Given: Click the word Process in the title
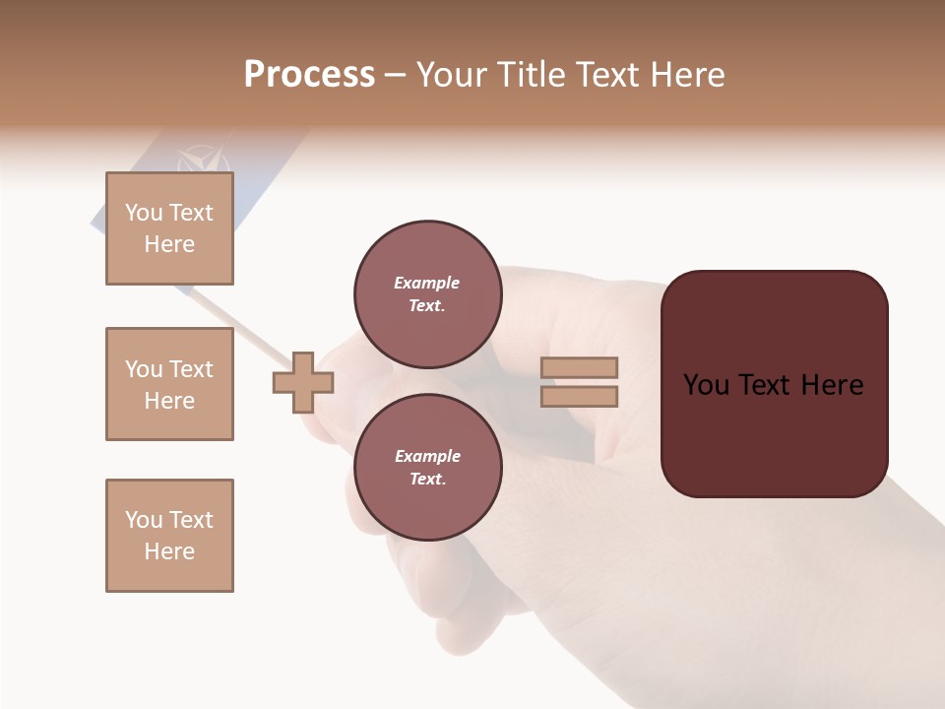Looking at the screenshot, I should pyautogui.click(x=309, y=75).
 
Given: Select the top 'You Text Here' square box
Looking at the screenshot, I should pyautogui.click(x=169, y=228).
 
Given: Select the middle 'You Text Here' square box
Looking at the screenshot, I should pyautogui.click(x=169, y=384).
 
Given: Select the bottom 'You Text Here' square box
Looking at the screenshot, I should pyautogui.click(x=169, y=536).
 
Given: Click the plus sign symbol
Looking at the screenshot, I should pyautogui.click(x=303, y=382).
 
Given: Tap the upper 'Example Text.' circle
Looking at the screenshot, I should pyautogui.click(x=428, y=294).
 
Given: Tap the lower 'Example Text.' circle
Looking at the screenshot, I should pyautogui.click(x=428, y=468).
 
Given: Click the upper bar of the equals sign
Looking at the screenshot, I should pyautogui.click(x=579, y=368).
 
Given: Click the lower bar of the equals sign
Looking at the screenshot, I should pyautogui.click(x=579, y=396).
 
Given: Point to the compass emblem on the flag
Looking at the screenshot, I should pyautogui.click(x=202, y=160).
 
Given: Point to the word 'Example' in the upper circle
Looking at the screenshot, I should pyautogui.click(x=427, y=283).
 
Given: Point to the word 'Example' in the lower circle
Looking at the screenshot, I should pyautogui.click(x=427, y=456).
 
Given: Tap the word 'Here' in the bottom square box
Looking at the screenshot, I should pyautogui.click(x=169, y=551).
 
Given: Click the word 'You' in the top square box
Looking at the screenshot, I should pyautogui.click(x=144, y=213).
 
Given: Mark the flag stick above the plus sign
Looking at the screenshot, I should pyautogui.click(x=241, y=324).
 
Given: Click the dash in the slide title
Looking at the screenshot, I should pyautogui.click(x=396, y=76).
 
